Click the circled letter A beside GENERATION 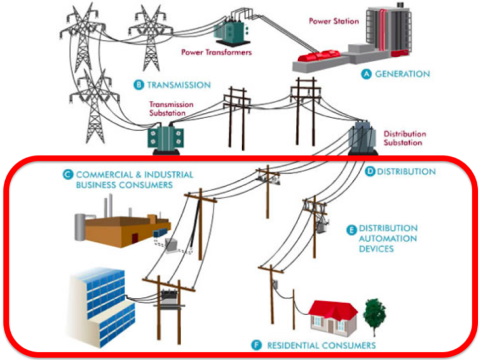[x=365, y=74]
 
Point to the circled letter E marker [x=350, y=230]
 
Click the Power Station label [x=334, y=21]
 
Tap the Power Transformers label [x=216, y=52]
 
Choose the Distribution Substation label [x=405, y=138]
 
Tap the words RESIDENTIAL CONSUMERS [x=321, y=345]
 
